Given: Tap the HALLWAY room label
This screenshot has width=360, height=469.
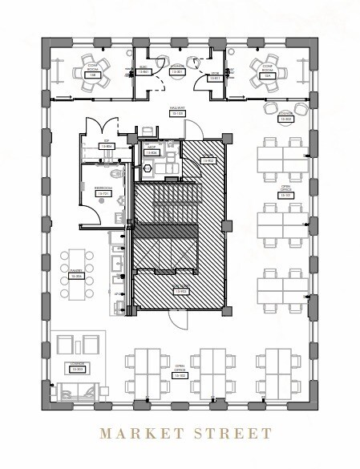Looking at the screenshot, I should click(x=177, y=111).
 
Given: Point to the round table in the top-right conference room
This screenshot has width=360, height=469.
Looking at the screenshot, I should click(x=265, y=70).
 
